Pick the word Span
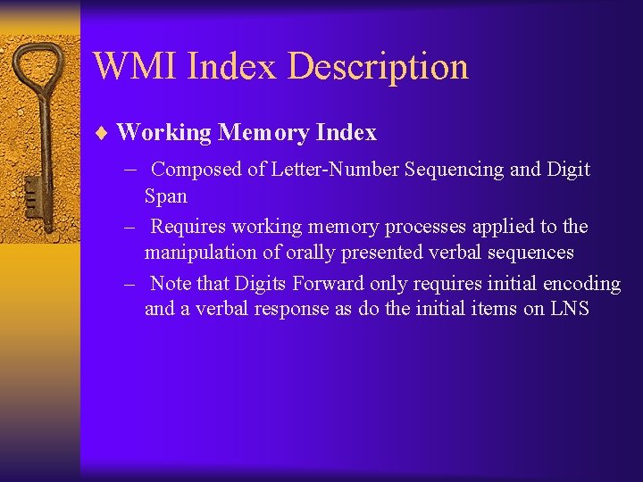coord(166,195)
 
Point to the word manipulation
coord(197,253)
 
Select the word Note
coord(170,284)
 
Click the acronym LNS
coord(564,310)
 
